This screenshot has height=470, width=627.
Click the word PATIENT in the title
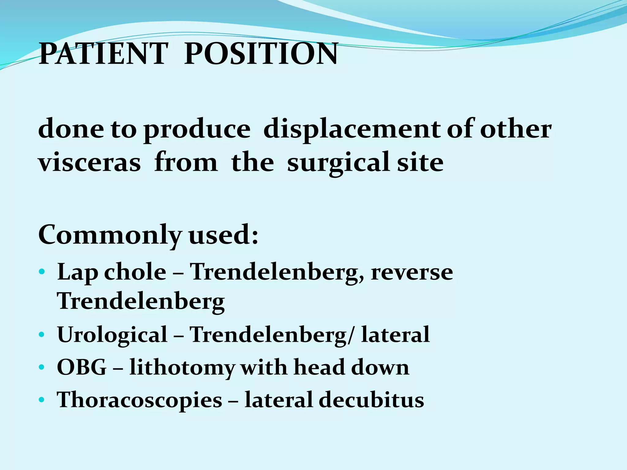(103, 54)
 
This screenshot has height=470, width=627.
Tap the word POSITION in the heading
(261, 54)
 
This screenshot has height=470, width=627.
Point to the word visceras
(89, 162)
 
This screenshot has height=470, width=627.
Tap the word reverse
(411, 272)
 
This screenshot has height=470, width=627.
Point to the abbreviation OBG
(82, 367)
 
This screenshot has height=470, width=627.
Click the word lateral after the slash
(396, 334)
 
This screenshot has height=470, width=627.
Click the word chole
(135, 272)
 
